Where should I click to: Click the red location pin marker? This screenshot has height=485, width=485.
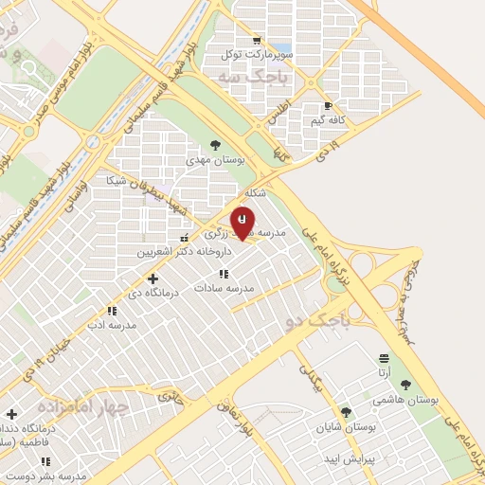coord(242,222)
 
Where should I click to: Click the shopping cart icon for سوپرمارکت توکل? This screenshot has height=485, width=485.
coord(257,41)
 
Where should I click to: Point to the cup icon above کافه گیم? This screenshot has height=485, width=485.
coord(328,106)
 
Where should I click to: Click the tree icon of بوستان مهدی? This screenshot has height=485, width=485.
coord(215,146)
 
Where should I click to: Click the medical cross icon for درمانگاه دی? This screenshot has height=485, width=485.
coord(153,278)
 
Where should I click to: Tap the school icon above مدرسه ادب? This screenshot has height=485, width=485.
coord(112,311)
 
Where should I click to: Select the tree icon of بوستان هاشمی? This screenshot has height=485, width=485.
coord(406,385)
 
